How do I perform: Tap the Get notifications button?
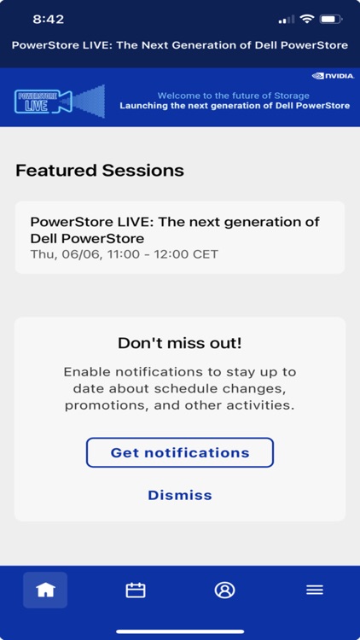tap(180, 452)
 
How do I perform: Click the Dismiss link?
tap(180, 495)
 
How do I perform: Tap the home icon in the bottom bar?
tap(45, 590)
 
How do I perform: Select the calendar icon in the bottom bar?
tap(135, 590)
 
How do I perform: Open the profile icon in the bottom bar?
tap(224, 590)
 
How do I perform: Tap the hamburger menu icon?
tap(315, 590)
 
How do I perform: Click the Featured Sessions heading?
tap(100, 170)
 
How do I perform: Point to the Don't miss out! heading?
tap(180, 343)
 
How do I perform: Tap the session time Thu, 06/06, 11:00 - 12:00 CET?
tap(125, 254)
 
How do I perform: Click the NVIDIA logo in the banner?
tap(333, 76)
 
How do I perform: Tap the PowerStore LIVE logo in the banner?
tap(60, 101)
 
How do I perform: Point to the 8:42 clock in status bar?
tap(48, 19)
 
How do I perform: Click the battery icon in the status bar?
tap(331, 19)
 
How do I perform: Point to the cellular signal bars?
tap(286, 20)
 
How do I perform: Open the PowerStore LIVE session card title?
tap(175, 230)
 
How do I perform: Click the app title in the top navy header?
tap(180, 44)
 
